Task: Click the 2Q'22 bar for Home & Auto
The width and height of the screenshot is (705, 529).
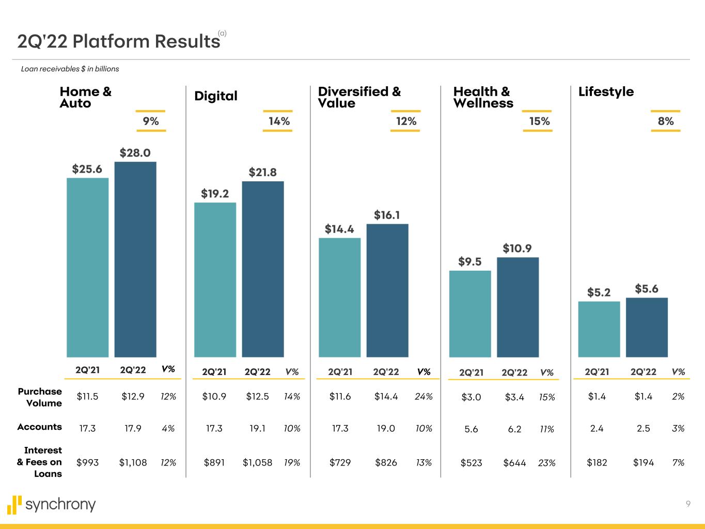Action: (135, 259)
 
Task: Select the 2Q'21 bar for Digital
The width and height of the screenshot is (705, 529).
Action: (215, 279)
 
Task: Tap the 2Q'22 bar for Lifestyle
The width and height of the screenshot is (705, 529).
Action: (647, 327)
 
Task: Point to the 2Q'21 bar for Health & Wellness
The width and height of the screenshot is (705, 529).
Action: (470, 314)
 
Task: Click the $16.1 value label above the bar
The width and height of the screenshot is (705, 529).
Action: (387, 215)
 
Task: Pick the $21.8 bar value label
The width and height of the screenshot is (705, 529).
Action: (262, 172)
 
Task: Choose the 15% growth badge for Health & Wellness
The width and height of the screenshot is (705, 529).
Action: (539, 121)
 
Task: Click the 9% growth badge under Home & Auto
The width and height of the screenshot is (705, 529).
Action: (151, 121)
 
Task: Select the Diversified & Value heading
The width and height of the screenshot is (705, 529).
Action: (359, 97)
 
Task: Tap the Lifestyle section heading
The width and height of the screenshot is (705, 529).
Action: (606, 91)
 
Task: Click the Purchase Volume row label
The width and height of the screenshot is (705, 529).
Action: (40, 397)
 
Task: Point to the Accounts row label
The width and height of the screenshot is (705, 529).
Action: (40, 427)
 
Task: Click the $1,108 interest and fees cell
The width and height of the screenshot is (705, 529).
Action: (133, 463)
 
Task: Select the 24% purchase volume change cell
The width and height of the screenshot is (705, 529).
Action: (424, 397)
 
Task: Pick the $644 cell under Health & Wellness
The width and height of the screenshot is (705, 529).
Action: (514, 463)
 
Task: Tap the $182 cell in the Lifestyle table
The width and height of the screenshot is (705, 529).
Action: (597, 463)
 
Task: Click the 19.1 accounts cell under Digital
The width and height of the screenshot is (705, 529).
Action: (257, 428)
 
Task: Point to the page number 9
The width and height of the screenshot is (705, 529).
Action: (688, 504)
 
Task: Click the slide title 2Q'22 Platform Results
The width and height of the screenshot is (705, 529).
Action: (119, 41)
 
